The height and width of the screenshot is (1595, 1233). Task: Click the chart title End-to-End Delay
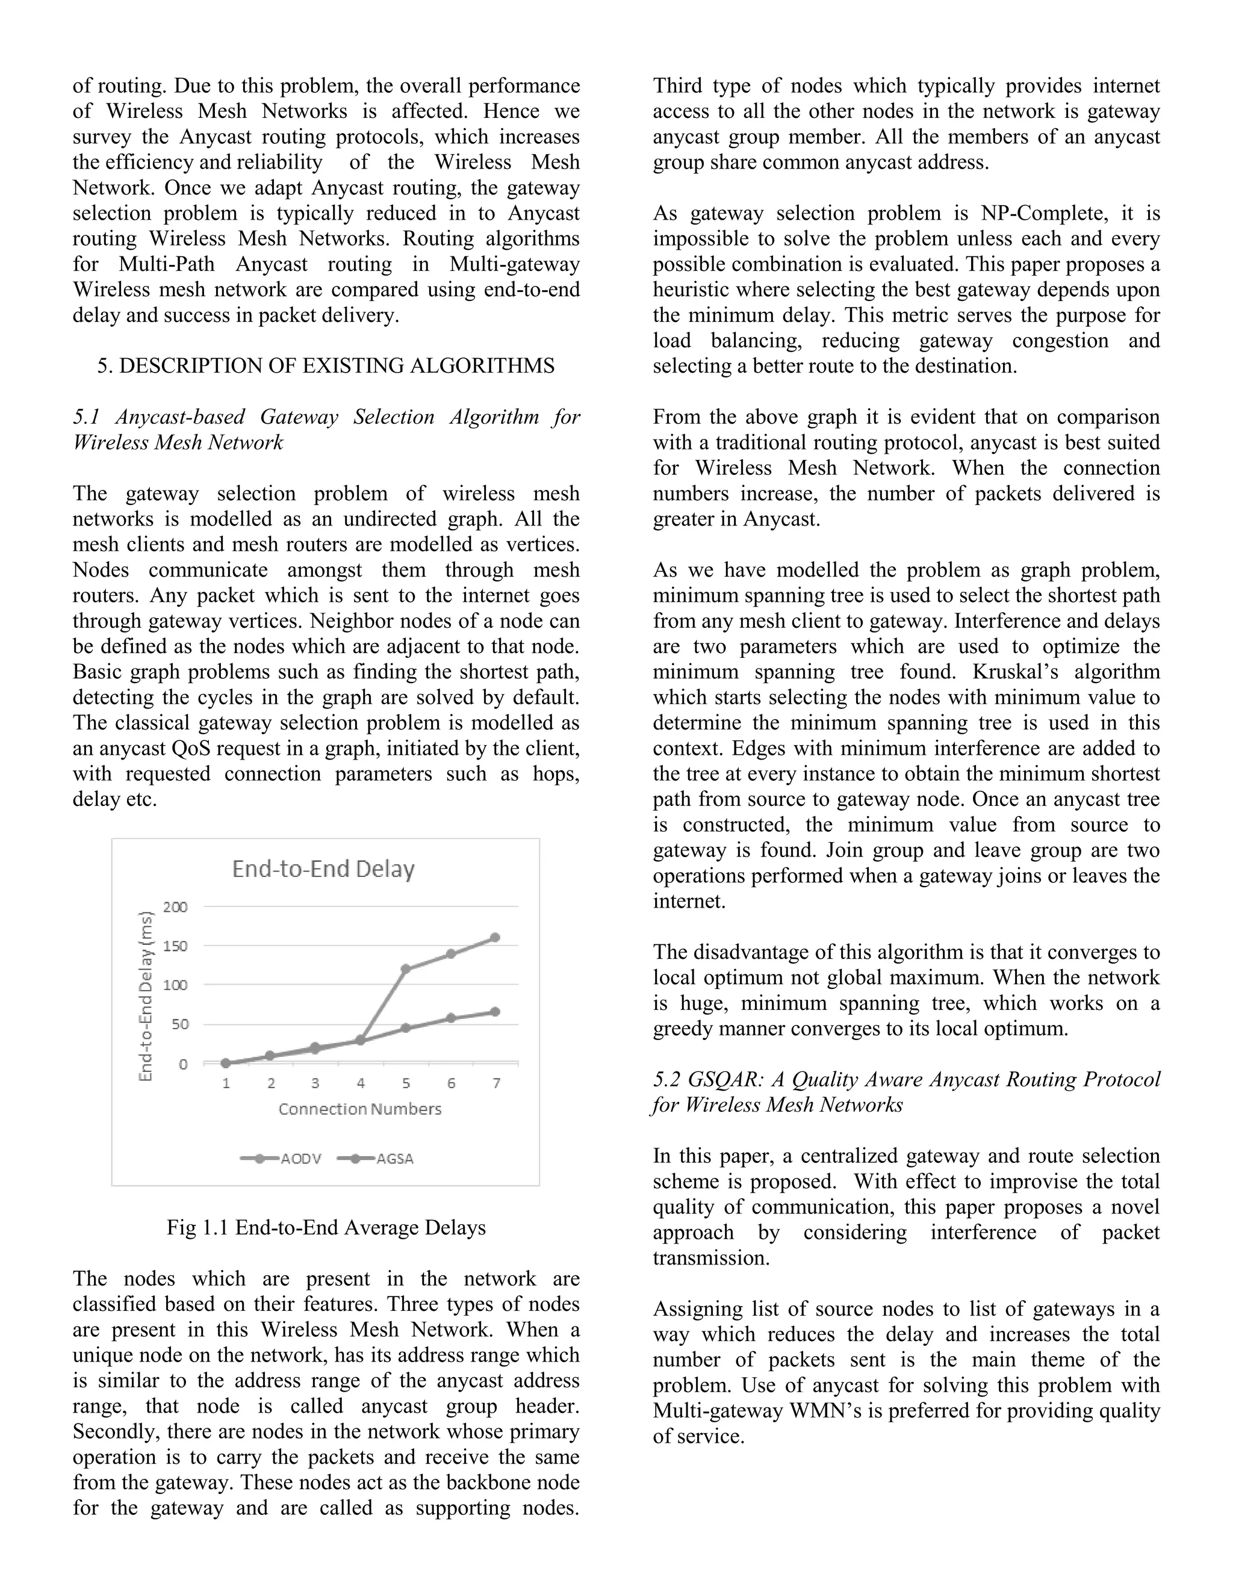323,869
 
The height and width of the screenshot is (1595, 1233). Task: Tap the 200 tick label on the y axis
175,907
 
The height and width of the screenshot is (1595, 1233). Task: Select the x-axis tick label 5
406,1083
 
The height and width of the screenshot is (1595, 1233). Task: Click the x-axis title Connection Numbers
359,1109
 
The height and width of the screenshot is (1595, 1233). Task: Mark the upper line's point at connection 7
494,938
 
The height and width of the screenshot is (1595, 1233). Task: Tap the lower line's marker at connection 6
451,1018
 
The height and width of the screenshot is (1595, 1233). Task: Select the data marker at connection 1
226,1064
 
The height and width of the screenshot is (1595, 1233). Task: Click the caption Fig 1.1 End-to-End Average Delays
326,1228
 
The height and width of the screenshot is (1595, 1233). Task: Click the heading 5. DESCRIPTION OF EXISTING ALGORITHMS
326,366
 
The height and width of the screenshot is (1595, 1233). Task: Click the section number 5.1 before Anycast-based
86,417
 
